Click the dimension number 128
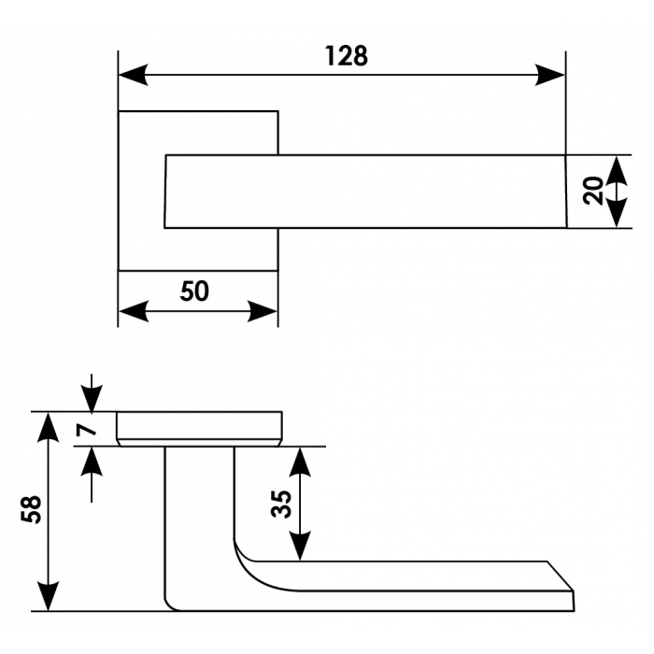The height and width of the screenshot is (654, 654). click(347, 56)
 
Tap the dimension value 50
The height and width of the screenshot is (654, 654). click(194, 292)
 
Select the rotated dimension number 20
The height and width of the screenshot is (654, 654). click(592, 192)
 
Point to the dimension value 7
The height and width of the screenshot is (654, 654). click(85, 430)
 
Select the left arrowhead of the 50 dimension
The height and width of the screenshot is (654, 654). click(133, 311)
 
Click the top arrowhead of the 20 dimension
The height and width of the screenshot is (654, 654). click(616, 170)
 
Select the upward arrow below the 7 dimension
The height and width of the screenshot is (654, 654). click(91, 460)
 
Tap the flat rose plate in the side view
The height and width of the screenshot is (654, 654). click(198, 427)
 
